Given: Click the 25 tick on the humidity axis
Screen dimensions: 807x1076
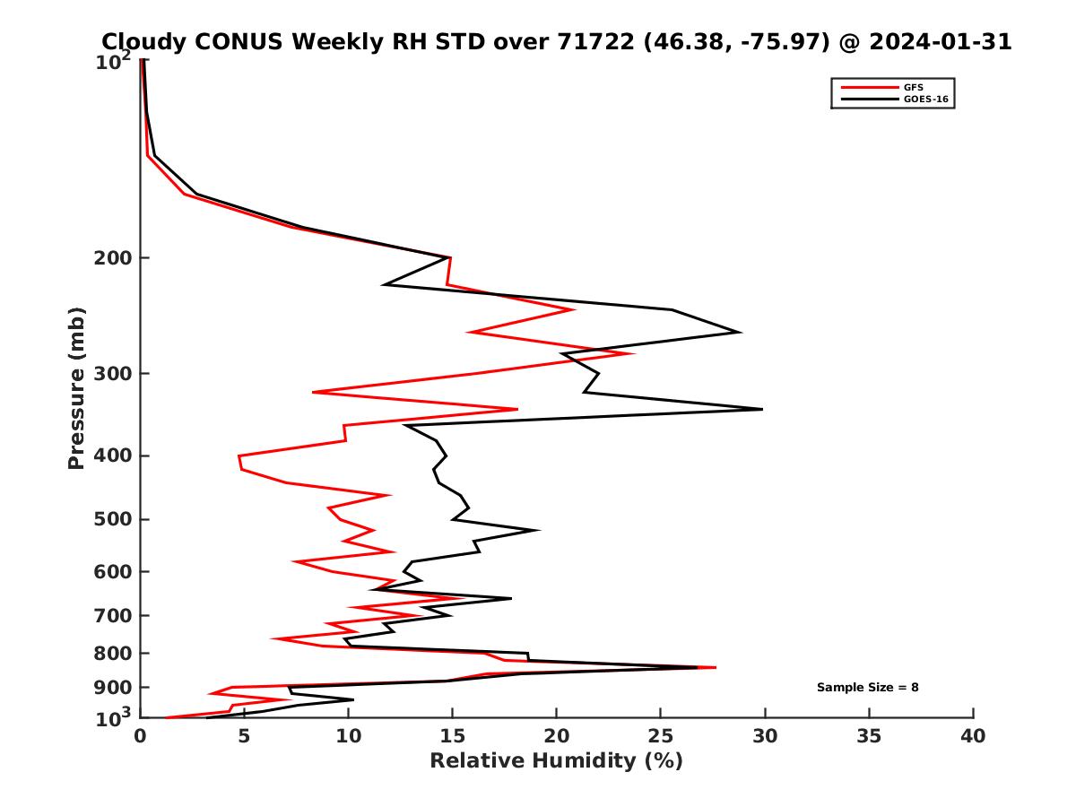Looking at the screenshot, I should tap(661, 737).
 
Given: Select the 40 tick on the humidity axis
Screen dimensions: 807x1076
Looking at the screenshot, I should tap(973, 737).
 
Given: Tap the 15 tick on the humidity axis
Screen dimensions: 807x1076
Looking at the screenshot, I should tap(452, 737).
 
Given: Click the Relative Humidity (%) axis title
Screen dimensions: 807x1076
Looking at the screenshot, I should tap(556, 761).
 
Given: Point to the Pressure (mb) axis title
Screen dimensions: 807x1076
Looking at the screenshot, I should tap(76, 387).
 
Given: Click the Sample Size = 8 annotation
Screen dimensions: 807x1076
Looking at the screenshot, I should tap(867, 688).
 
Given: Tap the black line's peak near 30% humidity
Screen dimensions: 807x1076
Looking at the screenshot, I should tap(761, 409).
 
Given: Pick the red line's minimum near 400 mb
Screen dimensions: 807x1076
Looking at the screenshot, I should tap(239, 457).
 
